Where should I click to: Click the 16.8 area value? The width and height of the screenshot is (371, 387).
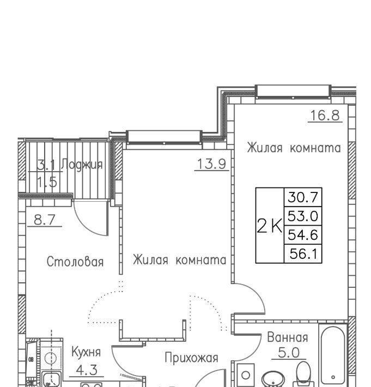(x=325, y=115)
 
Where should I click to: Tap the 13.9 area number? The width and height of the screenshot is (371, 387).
(x=211, y=164)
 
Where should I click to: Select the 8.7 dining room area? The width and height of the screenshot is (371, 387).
(x=45, y=220)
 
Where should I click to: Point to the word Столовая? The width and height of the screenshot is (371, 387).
(x=75, y=262)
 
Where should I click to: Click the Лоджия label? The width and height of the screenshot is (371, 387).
(x=82, y=165)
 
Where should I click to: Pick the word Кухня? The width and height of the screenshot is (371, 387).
(x=86, y=352)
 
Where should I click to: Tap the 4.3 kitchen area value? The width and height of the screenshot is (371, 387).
(x=87, y=370)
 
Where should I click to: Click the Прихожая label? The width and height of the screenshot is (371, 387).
(x=191, y=358)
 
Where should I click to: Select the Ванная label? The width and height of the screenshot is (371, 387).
(x=288, y=337)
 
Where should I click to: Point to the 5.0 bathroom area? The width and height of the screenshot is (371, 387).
(x=289, y=353)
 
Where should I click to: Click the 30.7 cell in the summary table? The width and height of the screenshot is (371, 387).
(x=303, y=197)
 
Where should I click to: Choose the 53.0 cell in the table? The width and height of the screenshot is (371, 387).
(x=303, y=216)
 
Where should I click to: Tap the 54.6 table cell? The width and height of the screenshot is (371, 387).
(x=303, y=235)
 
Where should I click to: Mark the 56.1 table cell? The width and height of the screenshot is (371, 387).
(x=303, y=253)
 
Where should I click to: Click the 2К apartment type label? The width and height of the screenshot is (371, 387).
(x=270, y=226)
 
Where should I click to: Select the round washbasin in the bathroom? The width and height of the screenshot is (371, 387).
(x=273, y=379)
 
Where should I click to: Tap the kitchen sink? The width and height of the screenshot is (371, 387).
(x=52, y=379)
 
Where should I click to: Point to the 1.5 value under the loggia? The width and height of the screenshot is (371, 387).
(x=47, y=182)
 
